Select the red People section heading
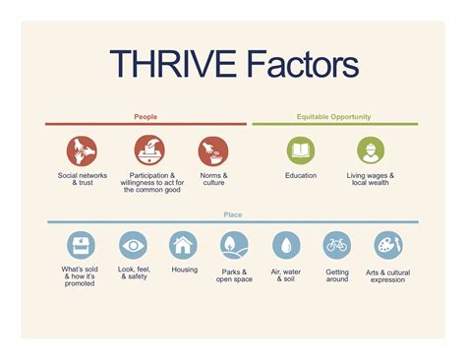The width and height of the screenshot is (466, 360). pos(146,117)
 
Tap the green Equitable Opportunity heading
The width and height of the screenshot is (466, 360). pos(334,117)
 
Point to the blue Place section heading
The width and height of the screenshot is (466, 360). pos(232,214)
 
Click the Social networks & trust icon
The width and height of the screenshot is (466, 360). pos(82,150)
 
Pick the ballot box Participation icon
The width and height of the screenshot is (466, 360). pos(149,150)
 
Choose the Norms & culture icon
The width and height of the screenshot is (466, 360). pos(212,150)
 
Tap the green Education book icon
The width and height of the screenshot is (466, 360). pos(301,150)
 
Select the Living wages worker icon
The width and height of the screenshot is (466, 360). pos(371,150)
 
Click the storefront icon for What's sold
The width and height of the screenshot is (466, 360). pos(79,245)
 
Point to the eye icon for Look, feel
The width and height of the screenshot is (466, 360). pos(134,245)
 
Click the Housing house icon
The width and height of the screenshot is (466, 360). pos(184,245)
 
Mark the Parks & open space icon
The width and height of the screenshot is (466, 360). pos(234,245)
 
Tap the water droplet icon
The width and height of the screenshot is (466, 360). pos(286,245)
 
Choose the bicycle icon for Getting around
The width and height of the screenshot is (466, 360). pos(337,245)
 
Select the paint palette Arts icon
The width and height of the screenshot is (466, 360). pos(388,245)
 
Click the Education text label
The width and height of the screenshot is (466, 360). pos(301,175)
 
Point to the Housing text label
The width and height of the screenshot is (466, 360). pos(184,270)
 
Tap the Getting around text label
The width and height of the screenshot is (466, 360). pos(337,274)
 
